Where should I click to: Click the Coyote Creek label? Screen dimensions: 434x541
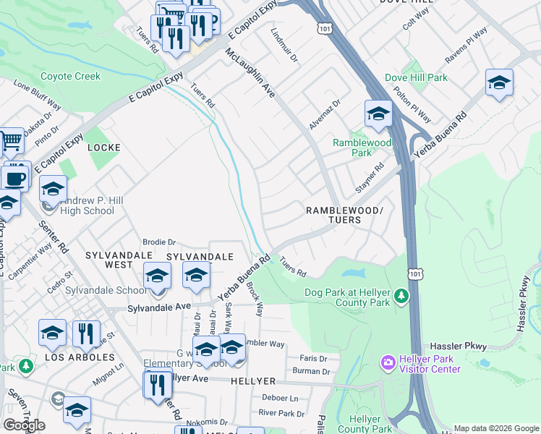point(71,76)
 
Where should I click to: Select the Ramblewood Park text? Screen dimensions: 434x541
point(361,148)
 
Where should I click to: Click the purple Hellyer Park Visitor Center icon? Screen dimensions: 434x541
point(388,361)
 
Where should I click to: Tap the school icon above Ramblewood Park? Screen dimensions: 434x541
point(378,114)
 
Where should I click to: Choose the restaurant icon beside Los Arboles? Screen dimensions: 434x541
point(86,333)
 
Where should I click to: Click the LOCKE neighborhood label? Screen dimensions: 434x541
point(103,147)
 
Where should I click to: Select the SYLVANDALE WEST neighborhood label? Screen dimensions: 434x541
point(119,261)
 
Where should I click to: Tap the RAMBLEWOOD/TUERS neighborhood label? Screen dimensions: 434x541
point(344,214)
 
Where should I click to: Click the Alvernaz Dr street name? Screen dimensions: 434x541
point(324,115)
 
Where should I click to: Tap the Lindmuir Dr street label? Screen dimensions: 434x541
point(284,46)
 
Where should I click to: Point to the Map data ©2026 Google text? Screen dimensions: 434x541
point(495,428)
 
